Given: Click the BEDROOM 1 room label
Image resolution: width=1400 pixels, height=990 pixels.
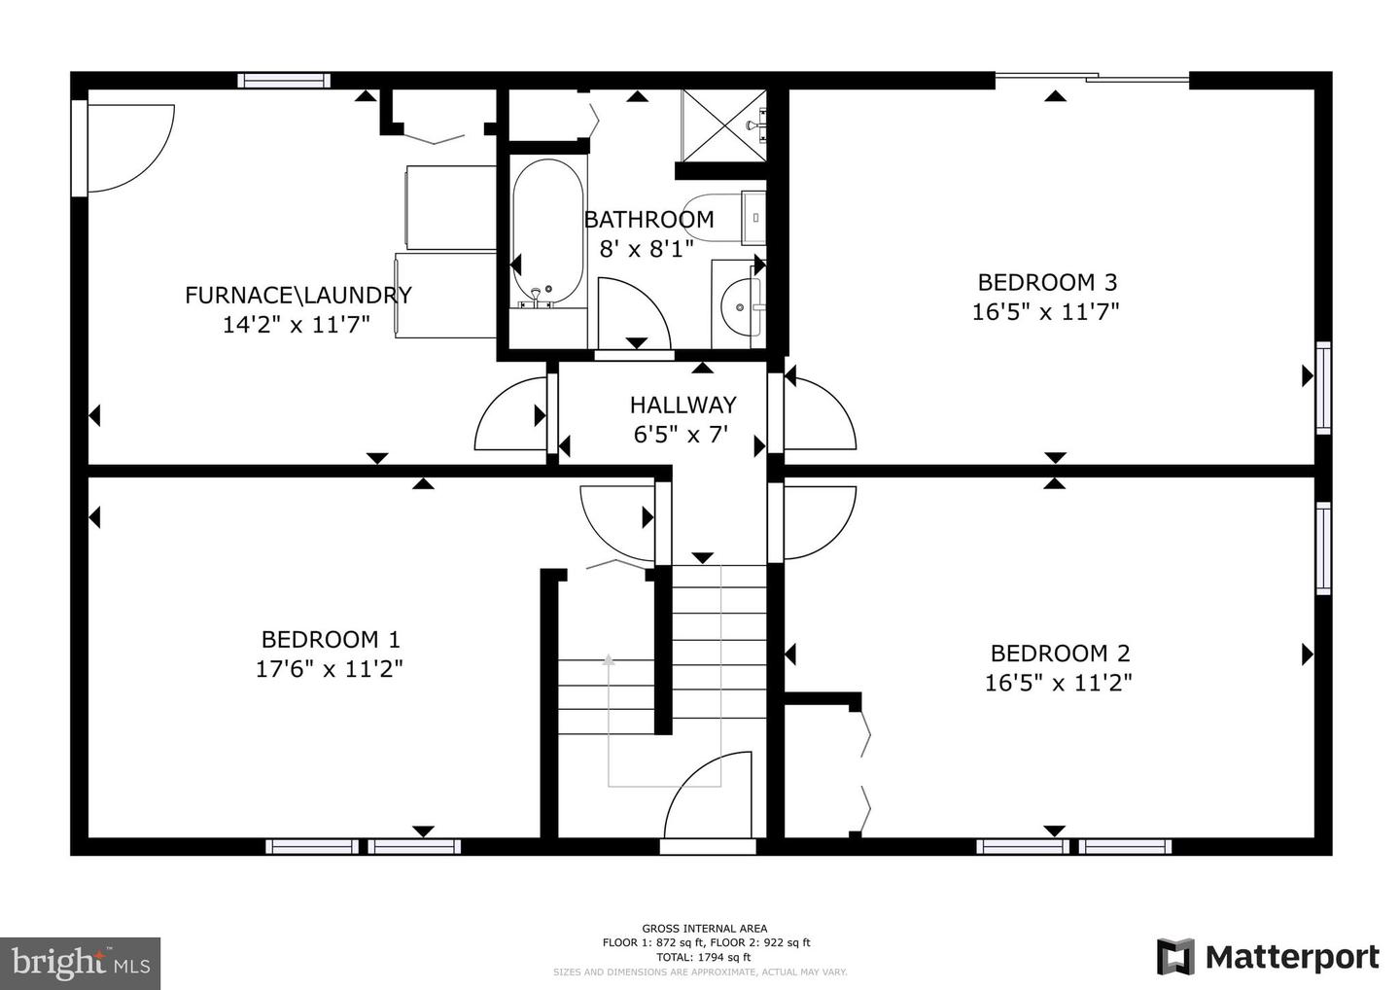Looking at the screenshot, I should (x=331, y=640).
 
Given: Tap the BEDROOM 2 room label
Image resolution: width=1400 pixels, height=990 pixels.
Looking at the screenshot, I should (x=1060, y=654).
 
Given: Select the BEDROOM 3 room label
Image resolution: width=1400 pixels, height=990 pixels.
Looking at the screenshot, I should (x=1047, y=283).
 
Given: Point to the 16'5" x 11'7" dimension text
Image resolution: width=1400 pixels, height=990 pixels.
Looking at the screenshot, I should (x=1046, y=312).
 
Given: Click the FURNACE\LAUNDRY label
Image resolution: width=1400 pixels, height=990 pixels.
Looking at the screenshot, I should (x=298, y=296).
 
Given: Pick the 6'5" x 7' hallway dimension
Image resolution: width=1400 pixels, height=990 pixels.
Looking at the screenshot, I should (x=681, y=434).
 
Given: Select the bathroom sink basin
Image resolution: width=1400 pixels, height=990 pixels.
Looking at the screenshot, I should (x=740, y=306).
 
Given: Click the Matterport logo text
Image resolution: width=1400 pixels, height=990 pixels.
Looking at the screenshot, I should (x=1292, y=957).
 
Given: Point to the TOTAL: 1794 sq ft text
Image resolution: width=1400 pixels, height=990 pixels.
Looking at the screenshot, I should (x=704, y=957).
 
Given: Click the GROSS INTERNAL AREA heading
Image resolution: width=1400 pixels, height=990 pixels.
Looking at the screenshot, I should (x=704, y=929).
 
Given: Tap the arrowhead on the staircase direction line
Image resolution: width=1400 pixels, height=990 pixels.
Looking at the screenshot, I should (x=609, y=660).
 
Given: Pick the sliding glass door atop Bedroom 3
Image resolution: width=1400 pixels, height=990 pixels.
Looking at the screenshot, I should (x=1091, y=77).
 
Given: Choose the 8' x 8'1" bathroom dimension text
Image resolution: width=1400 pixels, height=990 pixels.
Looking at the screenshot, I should (x=647, y=249).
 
